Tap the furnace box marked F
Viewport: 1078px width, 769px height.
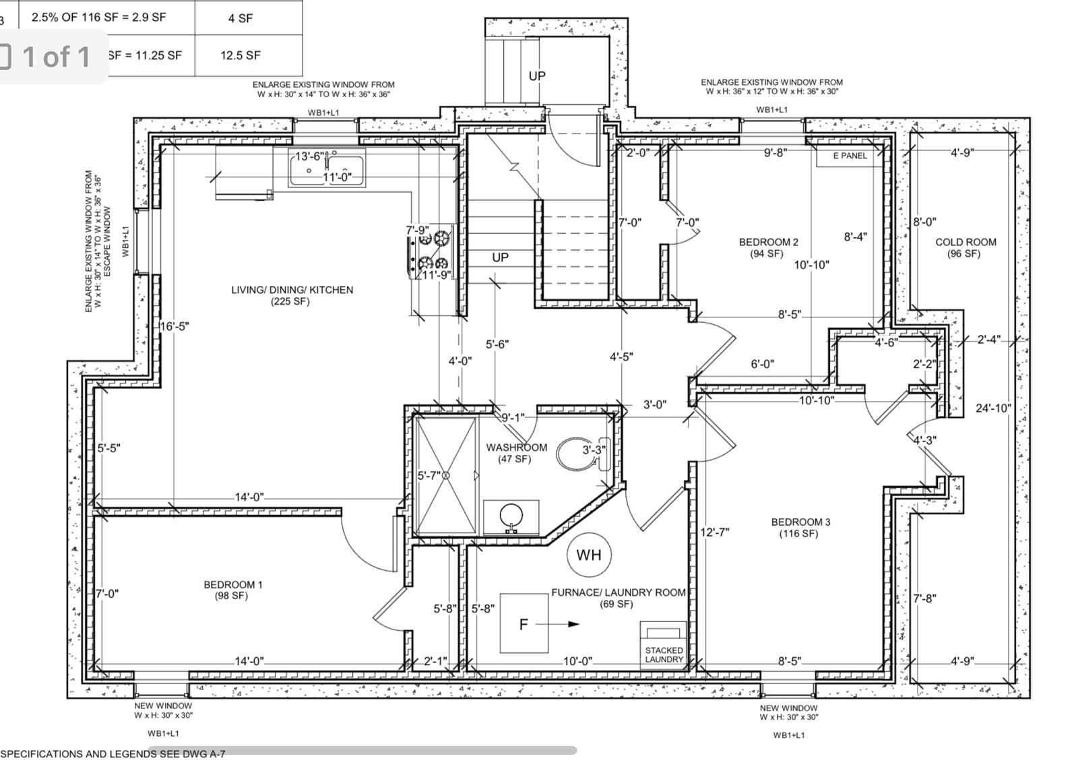point(524,623)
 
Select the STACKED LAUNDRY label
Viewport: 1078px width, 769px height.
point(664,655)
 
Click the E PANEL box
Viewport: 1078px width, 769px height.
point(850,156)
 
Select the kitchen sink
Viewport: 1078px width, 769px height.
point(327,168)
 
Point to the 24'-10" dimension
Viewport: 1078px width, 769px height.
point(993,408)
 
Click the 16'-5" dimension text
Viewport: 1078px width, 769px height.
point(175,326)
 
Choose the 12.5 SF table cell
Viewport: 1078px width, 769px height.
point(240,55)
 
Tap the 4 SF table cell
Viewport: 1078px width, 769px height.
point(240,18)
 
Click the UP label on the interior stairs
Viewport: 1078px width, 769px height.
point(500,257)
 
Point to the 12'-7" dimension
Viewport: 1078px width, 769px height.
point(715,532)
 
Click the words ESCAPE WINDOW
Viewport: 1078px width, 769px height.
point(107,242)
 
